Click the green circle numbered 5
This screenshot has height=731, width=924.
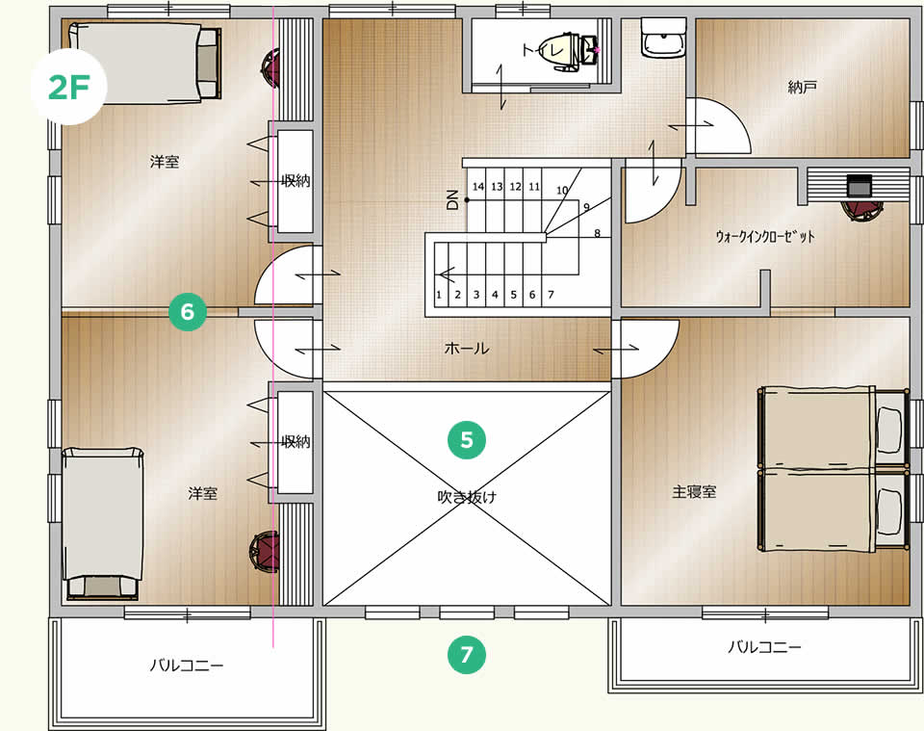coord(467,440)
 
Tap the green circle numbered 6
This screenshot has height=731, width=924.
coord(188,311)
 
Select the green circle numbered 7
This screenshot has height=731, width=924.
coord(467,654)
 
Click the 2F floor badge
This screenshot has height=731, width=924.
coord(68,88)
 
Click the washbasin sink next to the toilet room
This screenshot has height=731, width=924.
coord(663,38)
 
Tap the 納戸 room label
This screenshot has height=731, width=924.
coord(802,88)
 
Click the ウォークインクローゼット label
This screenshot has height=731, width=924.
coord(765,237)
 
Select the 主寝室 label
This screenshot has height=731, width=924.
coord(694,491)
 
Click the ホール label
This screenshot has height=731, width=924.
coord(467,349)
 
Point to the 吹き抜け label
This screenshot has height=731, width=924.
coord(467,497)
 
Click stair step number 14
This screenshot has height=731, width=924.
coord(478,187)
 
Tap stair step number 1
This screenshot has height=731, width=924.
coord(439,295)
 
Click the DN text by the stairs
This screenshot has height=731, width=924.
coord(452,200)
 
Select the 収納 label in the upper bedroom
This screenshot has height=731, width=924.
coord(295,181)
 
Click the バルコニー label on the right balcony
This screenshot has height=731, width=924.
coord(764,647)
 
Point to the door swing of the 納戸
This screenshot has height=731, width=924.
coord(718,125)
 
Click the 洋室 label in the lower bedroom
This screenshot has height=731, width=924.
coord(203,493)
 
